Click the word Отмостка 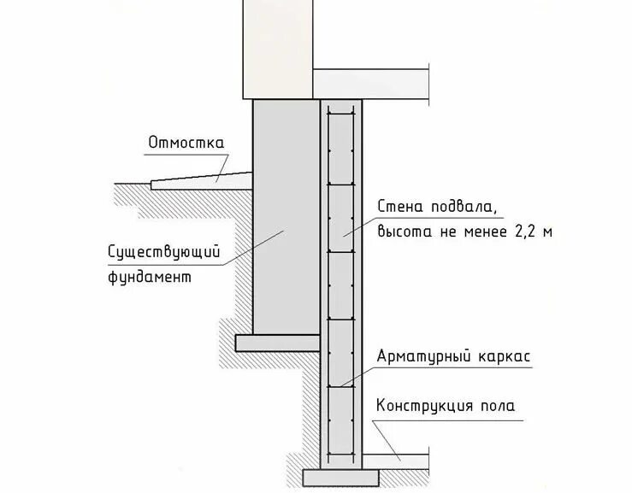click(x=186, y=143)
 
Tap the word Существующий click(x=164, y=252)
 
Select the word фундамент click(x=149, y=278)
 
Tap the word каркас click(x=501, y=355)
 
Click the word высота click(x=403, y=232)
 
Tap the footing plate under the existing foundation click(x=277, y=343)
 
